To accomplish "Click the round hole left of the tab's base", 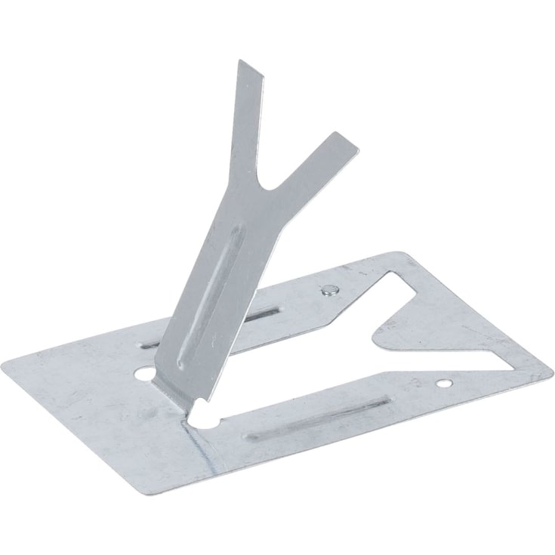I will pos(143,372).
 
